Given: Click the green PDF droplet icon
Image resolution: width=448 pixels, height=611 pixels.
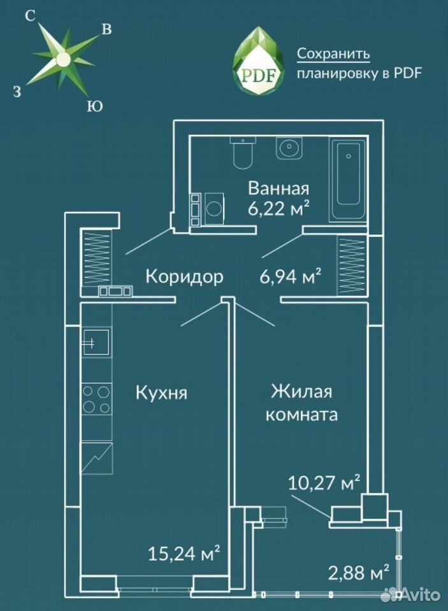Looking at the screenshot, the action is click(258, 61).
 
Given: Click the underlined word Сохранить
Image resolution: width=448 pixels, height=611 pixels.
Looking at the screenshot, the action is click(333, 53).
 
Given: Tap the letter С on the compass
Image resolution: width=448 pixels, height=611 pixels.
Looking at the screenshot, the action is click(30, 16).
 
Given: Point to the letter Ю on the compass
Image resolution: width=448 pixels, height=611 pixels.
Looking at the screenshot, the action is click(94, 106).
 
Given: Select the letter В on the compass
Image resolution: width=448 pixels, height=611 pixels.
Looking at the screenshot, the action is click(106, 29).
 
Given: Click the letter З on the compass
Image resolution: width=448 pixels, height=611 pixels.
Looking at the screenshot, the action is click(17, 92).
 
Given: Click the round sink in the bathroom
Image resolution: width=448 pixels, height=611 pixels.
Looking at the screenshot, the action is click(289, 148).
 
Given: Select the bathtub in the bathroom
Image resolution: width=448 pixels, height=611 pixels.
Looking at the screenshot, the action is click(349, 179).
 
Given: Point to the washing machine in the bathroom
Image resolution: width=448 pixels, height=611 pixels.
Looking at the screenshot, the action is click(213, 209).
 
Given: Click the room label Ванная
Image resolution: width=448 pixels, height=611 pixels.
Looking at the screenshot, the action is click(278, 188).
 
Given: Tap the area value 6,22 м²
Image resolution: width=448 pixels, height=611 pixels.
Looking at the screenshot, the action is click(278, 209).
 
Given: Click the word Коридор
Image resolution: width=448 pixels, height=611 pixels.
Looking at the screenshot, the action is click(185, 277).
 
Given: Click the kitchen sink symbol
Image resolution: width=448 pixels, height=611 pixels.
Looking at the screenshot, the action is click(96, 341).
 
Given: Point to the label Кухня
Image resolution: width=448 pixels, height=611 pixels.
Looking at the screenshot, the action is click(162, 393).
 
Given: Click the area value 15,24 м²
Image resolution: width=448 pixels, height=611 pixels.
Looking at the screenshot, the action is click(184, 553).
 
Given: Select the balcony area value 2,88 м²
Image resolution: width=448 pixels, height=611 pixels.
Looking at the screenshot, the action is click(359, 573).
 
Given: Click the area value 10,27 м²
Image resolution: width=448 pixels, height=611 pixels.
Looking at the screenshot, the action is click(324, 483).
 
